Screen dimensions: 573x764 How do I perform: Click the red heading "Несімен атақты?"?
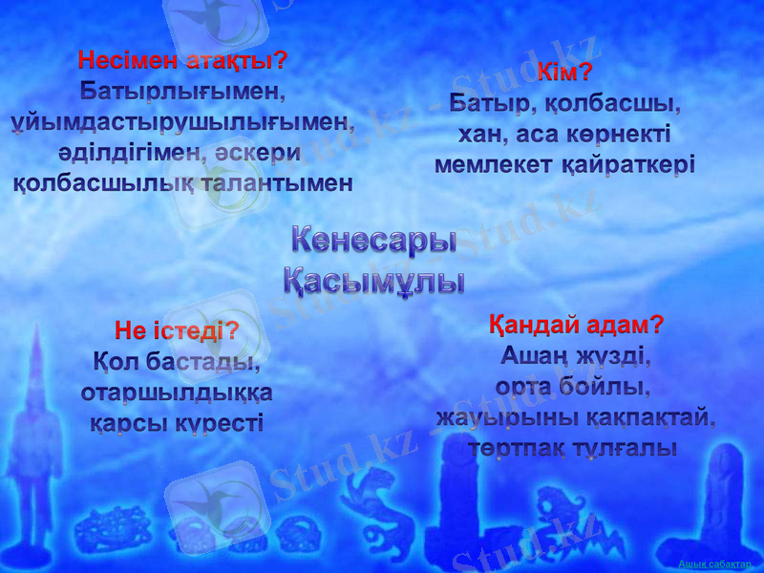tap(182, 61)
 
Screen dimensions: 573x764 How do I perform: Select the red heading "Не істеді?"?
tap(177, 331)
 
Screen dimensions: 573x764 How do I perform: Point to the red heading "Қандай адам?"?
tap(577, 324)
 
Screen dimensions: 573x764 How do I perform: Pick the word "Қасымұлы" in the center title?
tap(374, 282)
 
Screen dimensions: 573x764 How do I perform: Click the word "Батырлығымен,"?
tap(182, 93)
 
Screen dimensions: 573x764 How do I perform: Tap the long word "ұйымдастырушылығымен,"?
tap(182, 123)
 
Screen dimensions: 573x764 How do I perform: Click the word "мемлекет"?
tap(490, 163)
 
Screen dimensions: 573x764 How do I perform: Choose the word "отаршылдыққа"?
tap(177, 393)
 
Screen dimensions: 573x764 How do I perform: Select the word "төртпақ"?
tap(520, 447)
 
